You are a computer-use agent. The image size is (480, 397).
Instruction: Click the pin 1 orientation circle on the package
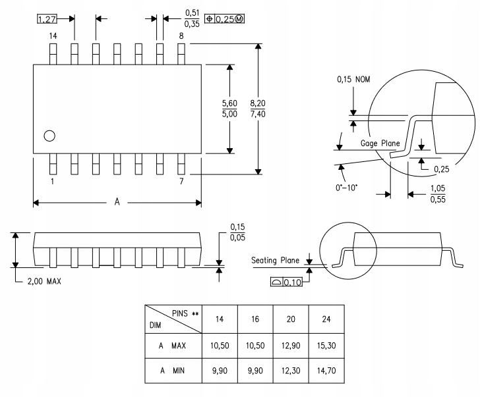tap(49, 136)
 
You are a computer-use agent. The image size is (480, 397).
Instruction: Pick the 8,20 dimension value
tap(258, 103)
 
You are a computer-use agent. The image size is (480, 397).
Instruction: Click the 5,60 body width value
tap(229, 103)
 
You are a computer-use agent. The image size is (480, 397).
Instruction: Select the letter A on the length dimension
tap(117, 202)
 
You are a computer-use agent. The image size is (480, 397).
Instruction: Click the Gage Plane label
tap(379, 143)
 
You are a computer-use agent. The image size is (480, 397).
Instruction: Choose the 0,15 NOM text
tap(354, 80)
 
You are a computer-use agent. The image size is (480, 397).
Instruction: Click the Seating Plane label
tap(276, 260)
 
